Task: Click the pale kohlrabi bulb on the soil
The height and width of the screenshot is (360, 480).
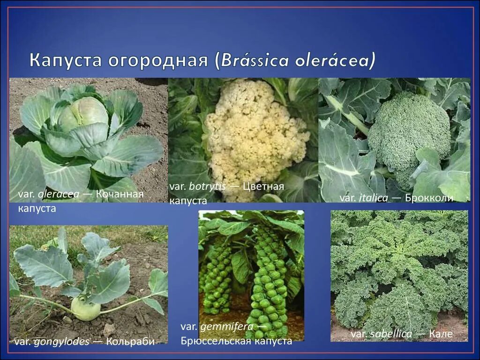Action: pyautogui.click(x=86, y=310)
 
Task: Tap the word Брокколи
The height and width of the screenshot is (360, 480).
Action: pyautogui.click(x=429, y=198)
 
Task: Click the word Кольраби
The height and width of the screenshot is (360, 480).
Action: pyautogui.click(x=130, y=341)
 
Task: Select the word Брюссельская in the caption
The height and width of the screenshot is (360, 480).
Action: pyautogui.click(x=216, y=341)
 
